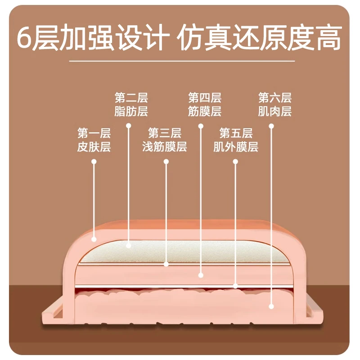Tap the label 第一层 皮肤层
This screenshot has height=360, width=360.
(x=94, y=140)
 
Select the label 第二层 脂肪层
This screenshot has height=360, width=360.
(x=131, y=104)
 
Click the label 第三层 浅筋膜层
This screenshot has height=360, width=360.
(x=164, y=140)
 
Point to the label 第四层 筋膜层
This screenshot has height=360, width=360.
(x=205, y=104)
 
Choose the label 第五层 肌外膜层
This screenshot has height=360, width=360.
(x=236, y=140)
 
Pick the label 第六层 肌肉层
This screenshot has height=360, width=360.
(x=275, y=104)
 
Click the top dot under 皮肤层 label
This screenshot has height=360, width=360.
(x=94, y=162)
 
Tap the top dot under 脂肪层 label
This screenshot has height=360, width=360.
(x=129, y=126)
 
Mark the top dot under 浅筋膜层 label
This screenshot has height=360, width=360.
(x=166, y=162)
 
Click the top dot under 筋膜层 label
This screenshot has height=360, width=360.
(x=201, y=126)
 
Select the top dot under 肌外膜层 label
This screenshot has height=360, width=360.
(x=235, y=162)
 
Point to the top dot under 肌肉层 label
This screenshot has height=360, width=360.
(x=271, y=126)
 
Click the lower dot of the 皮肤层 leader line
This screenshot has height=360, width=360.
(x=94, y=239)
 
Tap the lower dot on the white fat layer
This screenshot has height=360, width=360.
(x=129, y=246)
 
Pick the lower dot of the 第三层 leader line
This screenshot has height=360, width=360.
(x=166, y=264)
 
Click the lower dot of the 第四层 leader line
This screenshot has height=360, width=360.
(x=201, y=275)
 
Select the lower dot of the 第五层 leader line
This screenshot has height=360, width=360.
(x=235, y=286)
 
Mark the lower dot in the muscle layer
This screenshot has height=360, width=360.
(x=271, y=306)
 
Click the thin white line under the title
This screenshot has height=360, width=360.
(x=182, y=61)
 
